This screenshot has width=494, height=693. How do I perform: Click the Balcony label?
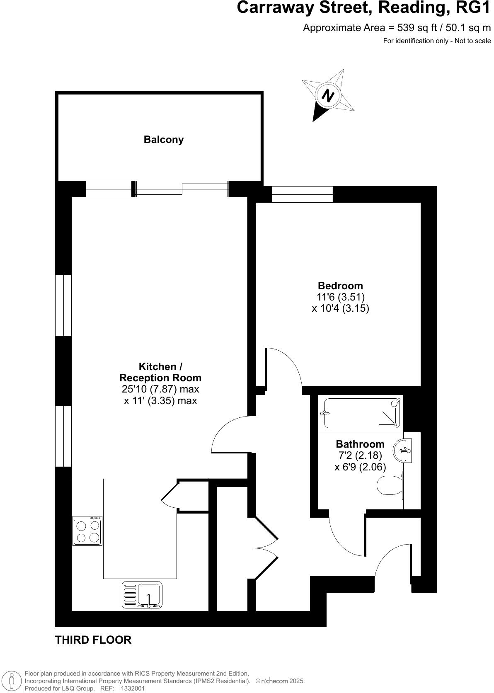click(163, 140)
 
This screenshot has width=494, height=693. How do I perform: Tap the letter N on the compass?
click(328, 96)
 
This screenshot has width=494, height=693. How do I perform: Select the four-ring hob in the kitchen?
click(87, 531)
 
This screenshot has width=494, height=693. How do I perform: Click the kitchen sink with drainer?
click(142, 595)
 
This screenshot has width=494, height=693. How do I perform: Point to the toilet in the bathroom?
click(390, 485)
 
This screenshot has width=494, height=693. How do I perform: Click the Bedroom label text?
click(340, 286)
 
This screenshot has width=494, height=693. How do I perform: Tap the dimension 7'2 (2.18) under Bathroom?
click(360, 456)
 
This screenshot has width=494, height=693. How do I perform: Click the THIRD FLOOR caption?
click(93, 640)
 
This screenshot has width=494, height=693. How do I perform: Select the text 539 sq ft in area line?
click(414, 28)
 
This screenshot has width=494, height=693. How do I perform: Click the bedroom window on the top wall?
click(302, 194)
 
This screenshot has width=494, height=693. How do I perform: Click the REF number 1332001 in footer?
click(133, 688)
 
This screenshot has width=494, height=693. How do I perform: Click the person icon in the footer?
click(12, 680)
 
